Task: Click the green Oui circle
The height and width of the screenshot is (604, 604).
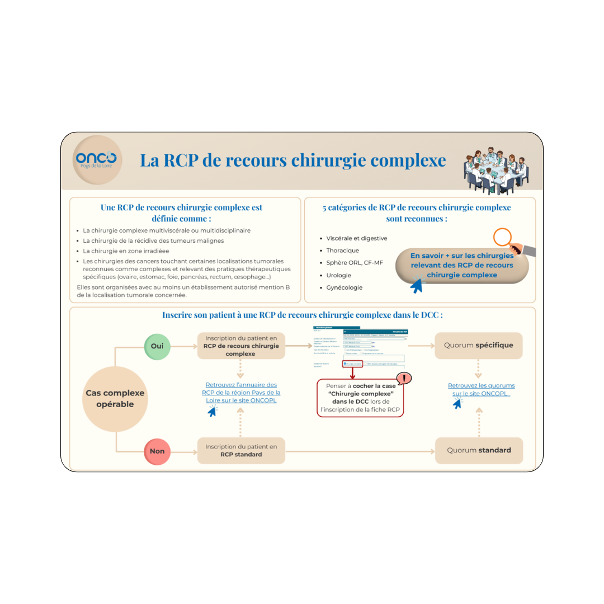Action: coord(157,346)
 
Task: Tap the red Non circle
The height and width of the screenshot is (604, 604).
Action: coord(157,450)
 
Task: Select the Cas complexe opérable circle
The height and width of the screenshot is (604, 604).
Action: coord(115,399)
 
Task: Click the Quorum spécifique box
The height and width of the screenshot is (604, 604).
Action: coord(478,346)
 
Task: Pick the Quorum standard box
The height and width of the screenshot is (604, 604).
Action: coord(479,450)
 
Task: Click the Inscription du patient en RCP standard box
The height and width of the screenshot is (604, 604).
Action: coord(241,450)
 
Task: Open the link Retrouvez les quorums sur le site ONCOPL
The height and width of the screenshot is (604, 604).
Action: coord(481,389)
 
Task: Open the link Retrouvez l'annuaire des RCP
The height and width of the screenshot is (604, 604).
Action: coord(241,393)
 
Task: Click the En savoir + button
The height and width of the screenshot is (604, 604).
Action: coord(461,265)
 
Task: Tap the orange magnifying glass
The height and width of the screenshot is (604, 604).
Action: coord(506,238)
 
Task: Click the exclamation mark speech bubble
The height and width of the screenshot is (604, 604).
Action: coord(403,378)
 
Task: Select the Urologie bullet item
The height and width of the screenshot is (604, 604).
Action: coord(338,275)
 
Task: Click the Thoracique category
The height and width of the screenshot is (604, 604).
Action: coord(342,251)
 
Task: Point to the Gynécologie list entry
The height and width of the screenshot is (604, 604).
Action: coord(344,287)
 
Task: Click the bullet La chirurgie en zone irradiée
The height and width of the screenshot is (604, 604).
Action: coord(126,251)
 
